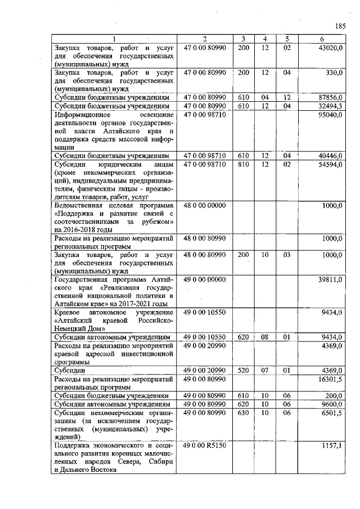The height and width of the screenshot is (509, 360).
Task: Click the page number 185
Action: coord(340,25)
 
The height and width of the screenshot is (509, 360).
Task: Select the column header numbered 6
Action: coord(322,39)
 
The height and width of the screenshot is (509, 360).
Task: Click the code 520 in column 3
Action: coord(243,371)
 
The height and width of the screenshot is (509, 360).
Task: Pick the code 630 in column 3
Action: coord(243,412)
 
